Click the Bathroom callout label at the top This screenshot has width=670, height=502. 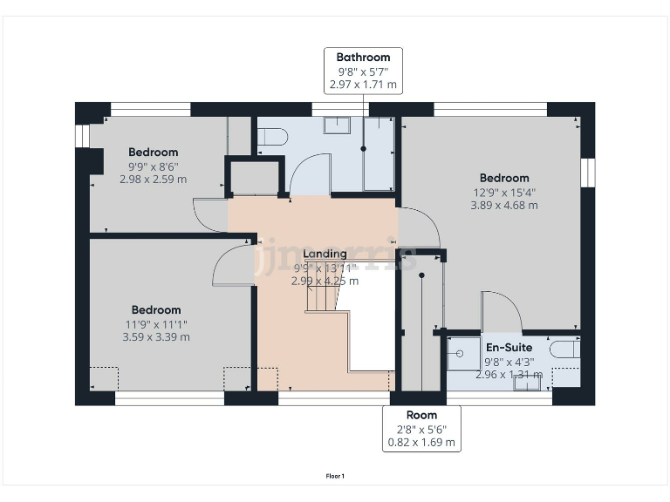(364, 71)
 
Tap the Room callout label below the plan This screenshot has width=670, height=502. (421, 428)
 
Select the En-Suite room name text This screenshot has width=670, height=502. (509, 346)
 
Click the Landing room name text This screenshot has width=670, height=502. (325, 254)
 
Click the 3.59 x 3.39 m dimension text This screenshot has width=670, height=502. (156, 336)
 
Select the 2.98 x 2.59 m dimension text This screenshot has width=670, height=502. (154, 180)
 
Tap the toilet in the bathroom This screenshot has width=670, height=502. (271, 135)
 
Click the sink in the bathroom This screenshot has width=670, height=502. (337, 125)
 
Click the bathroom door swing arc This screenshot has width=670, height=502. (310, 173)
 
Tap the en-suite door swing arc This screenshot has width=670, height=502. (502, 310)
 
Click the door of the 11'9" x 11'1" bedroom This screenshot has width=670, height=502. (231, 264)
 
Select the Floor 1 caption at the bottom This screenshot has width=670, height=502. (335, 476)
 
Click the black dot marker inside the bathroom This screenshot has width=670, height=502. (364, 149)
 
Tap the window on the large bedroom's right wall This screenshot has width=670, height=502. (588, 171)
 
